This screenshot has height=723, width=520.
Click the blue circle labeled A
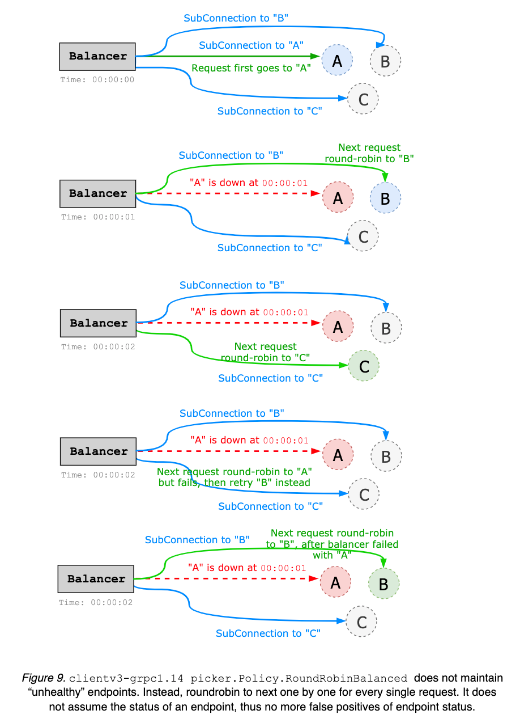tap(337, 60)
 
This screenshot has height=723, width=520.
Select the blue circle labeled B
tap(385, 198)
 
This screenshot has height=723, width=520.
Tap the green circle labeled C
tap(364, 366)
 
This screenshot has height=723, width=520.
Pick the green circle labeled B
tap(383, 584)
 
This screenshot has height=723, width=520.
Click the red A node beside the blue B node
tap(338, 197)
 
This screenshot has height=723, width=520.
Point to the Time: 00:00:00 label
tap(97, 80)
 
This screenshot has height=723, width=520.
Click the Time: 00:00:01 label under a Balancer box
tap(98, 217)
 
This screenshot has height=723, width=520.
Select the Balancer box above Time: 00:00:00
tap(97, 57)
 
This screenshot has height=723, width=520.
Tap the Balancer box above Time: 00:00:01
tap(97, 194)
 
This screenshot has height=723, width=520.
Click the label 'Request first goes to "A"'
tap(251, 68)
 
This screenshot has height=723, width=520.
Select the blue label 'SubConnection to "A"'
tap(251, 45)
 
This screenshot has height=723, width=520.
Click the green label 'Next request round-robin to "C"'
tap(265, 352)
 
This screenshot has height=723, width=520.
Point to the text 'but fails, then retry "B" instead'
tap(235, 483)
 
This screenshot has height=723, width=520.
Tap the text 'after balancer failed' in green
tap(350, 544)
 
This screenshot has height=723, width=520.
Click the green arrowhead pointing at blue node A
tap(315, 57)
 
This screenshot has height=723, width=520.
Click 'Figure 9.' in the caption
tap(44, 678)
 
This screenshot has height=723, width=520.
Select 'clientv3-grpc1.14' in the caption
tap(126, 678)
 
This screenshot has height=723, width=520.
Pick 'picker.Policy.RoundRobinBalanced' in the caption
tap(299, 678)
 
